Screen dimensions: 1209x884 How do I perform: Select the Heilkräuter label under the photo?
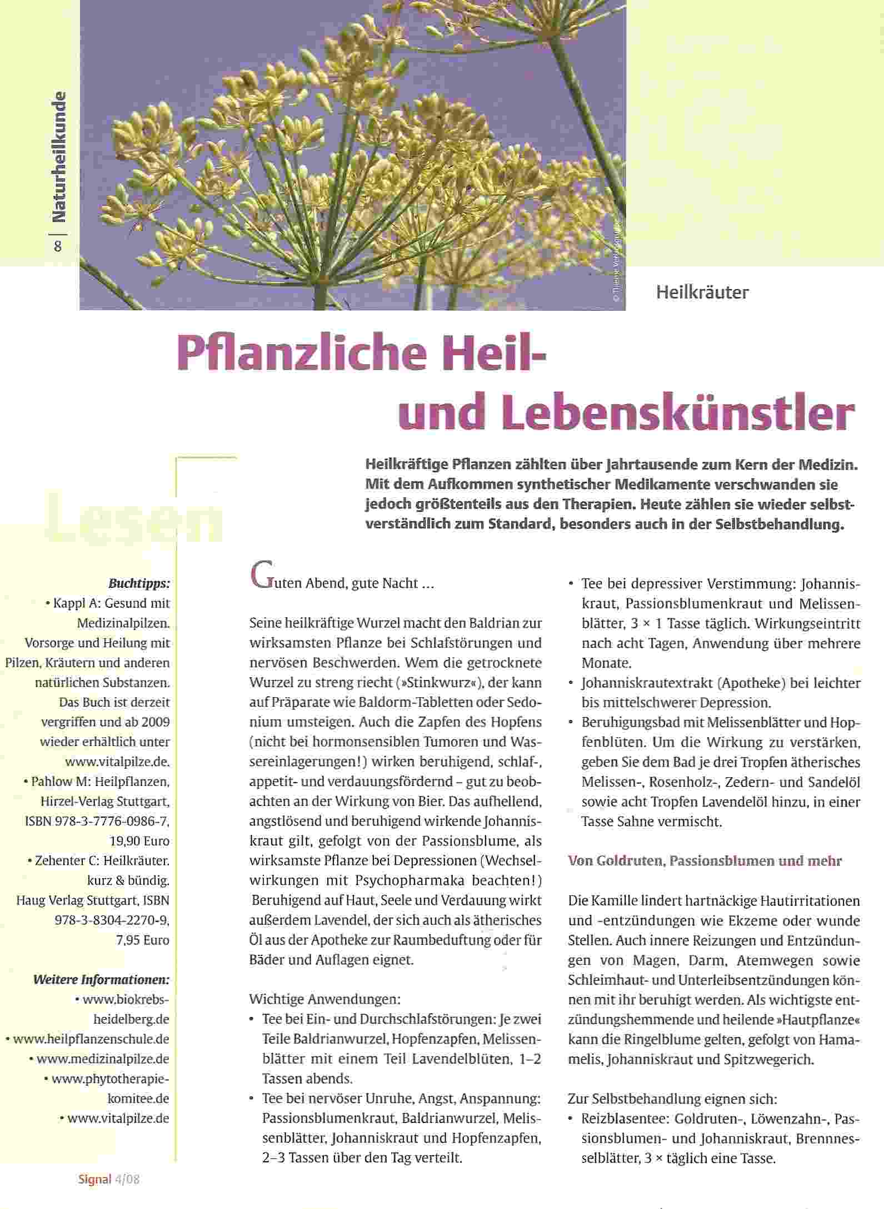(702, 293)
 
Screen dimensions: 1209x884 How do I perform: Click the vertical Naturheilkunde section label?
(58, 157)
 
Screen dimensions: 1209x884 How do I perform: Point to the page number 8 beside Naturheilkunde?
(58, 246)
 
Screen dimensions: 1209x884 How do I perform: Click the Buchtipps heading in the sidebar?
(139, 583)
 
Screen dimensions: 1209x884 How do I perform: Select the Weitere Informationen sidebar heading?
(101, 979)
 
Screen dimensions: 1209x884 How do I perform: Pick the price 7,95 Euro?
(143, 940)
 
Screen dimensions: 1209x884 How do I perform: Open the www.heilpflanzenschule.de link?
(91, 1039)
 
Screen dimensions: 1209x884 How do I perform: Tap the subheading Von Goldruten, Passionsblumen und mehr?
(705, 861)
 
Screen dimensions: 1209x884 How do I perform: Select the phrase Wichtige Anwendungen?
(324, 999)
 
